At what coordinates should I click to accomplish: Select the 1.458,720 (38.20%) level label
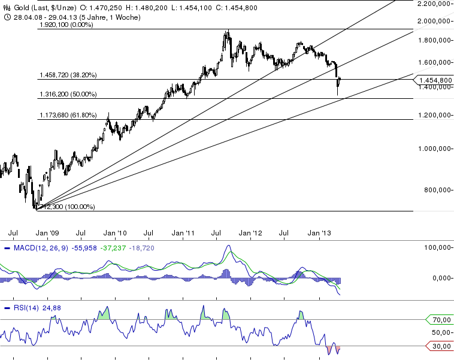pos(67,75)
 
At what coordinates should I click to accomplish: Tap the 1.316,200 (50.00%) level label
pos(67,95)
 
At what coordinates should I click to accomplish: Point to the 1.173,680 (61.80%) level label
pos(67,115)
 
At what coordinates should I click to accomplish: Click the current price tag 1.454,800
pos(435,80)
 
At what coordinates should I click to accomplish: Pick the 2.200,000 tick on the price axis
pos(433,4)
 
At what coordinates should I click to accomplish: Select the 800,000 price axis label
pos(437,190)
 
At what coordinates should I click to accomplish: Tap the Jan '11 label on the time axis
pos(184,232)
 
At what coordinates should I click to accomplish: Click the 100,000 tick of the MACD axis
pos(435,247)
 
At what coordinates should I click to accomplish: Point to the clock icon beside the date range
pos(6,17)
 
